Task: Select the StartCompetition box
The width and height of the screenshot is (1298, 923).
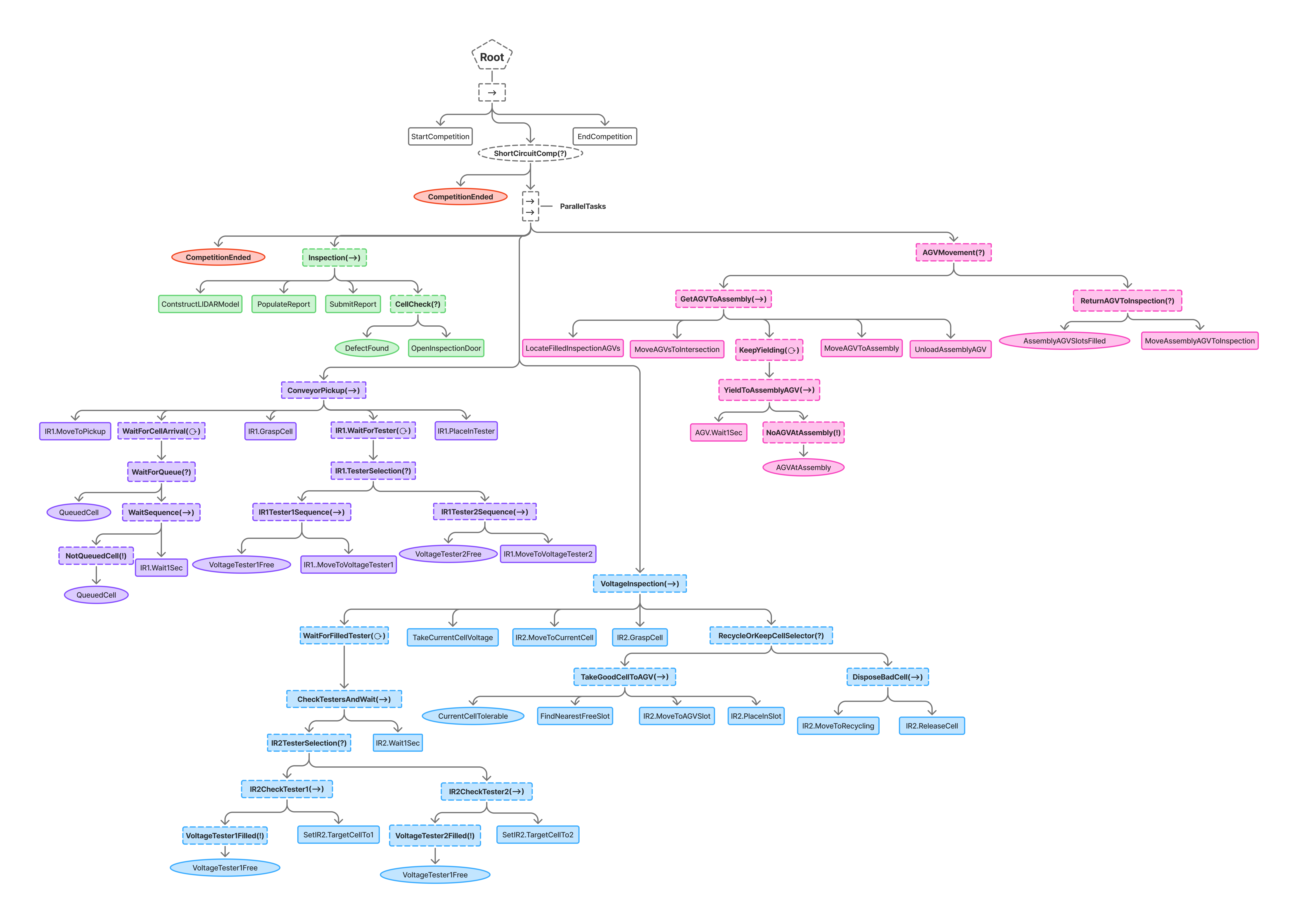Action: click(440, 136)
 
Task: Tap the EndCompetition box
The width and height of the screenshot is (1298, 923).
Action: click(604, 136)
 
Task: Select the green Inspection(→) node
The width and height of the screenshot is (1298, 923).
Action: click(334, 258)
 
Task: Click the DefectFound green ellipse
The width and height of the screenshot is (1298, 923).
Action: click(367, 348)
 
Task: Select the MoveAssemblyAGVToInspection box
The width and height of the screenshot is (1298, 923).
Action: click(1199, 340)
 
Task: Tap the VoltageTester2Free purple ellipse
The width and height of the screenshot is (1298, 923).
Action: click(448, 554)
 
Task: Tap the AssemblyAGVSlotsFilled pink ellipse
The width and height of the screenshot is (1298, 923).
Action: click(1064, 340)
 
